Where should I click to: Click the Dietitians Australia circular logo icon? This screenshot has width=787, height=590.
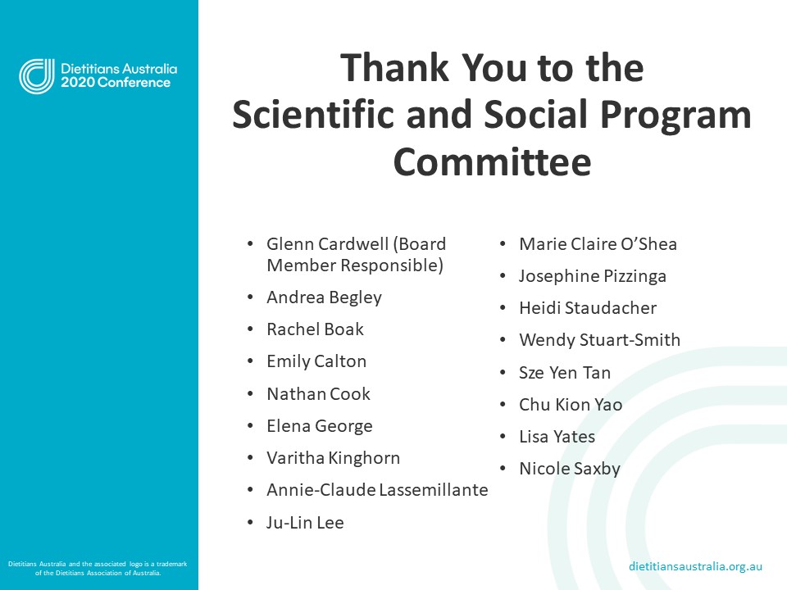point(37,76)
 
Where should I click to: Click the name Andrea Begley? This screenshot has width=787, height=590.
point(324,297)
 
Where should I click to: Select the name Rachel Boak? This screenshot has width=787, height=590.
point(315,329)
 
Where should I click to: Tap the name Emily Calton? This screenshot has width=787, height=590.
point(316,361)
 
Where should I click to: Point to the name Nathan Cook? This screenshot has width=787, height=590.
point(318,394)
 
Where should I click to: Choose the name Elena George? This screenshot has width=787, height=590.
point(320,426)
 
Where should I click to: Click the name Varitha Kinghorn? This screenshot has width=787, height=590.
point(333,458)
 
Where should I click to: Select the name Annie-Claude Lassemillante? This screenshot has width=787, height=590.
point(377,490)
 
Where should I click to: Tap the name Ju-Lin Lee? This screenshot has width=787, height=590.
point(305,523)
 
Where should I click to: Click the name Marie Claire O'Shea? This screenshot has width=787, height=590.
point(598,244)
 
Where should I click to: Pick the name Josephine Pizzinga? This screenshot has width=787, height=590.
point(593,276)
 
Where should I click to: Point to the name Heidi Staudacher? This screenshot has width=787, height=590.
point(588,308)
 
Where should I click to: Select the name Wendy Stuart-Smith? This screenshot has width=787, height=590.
point(599,340)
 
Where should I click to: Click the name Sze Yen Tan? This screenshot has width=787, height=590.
point(565,373)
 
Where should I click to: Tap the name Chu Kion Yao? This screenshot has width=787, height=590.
point(571,405)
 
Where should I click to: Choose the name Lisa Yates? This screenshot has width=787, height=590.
point(557,437)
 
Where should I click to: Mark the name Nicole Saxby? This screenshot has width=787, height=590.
point(570,470)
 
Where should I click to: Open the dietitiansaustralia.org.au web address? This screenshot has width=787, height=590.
point(696,566)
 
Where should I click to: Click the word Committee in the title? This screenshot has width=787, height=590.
point(492,162)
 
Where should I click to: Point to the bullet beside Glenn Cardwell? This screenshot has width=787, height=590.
point(250,244)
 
